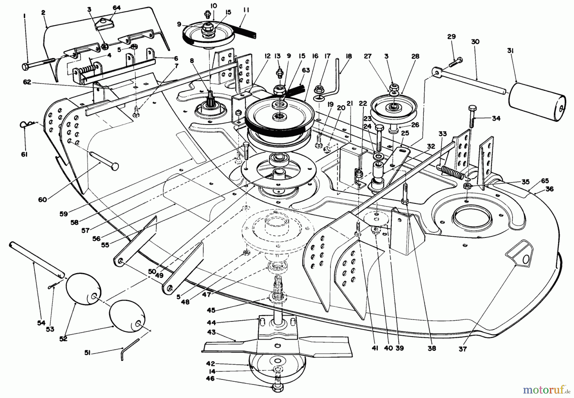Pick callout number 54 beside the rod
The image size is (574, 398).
click(x=40, y=323)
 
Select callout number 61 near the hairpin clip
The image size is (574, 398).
click(x=24, y=154)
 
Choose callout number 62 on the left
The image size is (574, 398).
click(x=27, y=82)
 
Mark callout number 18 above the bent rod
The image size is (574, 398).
click(x=349, y=56)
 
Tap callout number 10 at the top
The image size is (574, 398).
click(x=214, y=5)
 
